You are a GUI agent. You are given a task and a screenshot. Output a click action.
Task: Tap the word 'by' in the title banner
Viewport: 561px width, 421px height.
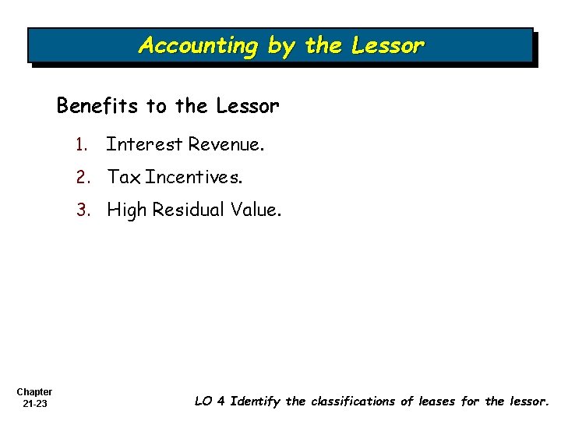280,46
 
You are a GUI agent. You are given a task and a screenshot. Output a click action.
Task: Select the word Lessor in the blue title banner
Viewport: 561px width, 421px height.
387,46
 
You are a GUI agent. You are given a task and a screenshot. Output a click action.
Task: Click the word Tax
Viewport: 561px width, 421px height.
124,178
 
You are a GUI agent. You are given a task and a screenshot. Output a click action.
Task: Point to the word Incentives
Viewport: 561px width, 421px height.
194,178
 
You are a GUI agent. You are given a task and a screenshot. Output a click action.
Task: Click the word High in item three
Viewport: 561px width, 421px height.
125,210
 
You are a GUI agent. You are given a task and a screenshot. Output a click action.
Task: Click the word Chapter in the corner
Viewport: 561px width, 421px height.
34,391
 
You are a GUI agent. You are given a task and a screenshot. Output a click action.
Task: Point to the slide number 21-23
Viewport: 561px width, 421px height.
34,403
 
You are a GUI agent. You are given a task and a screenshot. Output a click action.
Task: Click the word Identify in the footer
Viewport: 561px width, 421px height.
256,402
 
